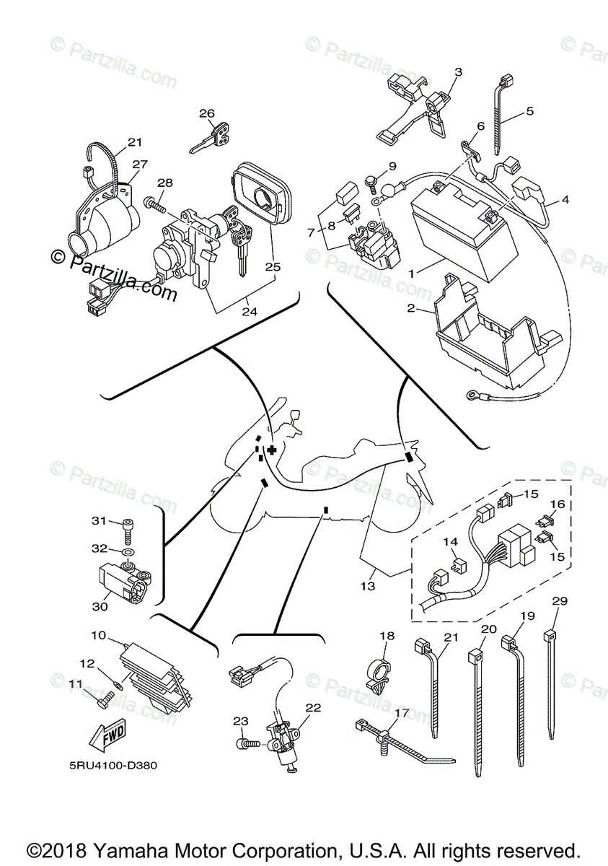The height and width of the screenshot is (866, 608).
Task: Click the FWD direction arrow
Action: [x=107, y=735]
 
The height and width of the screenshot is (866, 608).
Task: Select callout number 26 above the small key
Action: [x=207, y=113]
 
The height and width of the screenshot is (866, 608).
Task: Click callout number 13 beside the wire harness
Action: [x=368, y=586]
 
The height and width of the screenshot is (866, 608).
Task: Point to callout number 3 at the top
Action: [x=457, y=71]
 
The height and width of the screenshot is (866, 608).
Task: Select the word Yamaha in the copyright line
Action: [x=159, y=849]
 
